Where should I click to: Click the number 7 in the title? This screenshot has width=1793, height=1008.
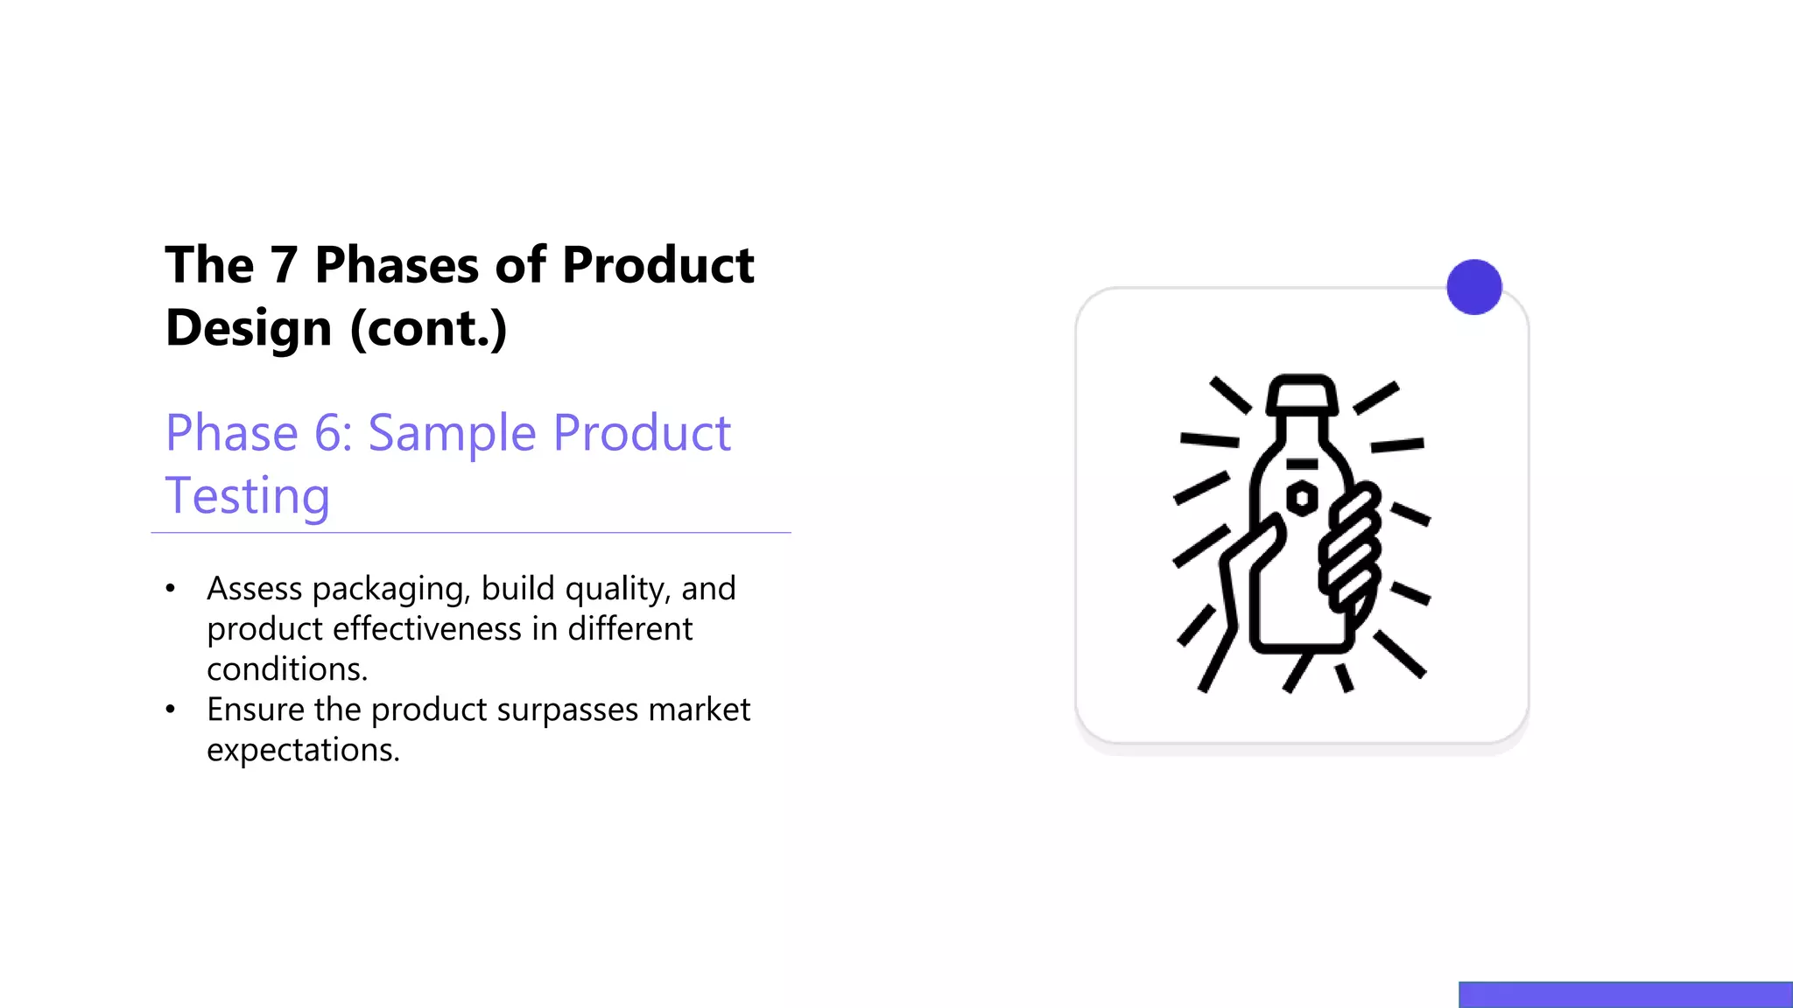(x=284, y=265)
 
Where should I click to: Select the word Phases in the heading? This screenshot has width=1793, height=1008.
(x=397, y=265)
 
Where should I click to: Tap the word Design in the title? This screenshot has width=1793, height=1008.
(x=249, y=328)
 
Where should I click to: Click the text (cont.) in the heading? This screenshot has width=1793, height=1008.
(x=428, y=328)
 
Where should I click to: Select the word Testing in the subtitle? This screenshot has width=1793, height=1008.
(x=248, y=496)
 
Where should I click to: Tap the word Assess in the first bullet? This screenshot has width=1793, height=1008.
(x=254, y=589)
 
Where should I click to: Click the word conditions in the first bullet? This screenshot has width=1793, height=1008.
(x=286, y=669)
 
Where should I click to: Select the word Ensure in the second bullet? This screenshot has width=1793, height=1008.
(x=256, y=710)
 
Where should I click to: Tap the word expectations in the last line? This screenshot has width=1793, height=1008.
(x=303, y=751)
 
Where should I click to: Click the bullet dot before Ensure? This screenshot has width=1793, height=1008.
(x=171, y=710)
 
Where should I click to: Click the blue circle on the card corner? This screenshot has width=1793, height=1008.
(x=1474, y=287)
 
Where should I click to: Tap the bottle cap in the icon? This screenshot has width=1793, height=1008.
(x=1303, y=395)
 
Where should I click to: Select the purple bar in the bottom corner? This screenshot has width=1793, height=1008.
(x=1625, y=995)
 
